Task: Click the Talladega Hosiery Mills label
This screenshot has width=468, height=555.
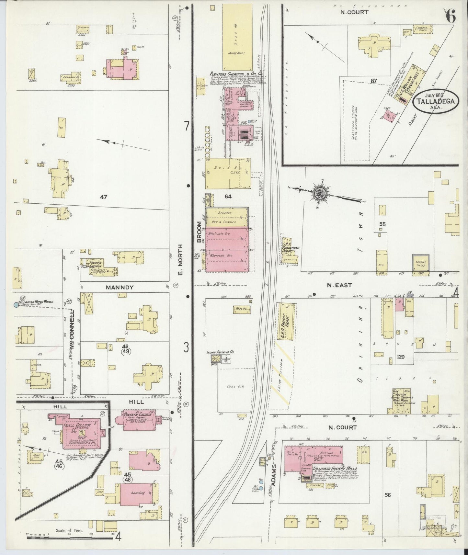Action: click(x=329, y=468)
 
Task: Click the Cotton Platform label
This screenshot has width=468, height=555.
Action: click(x=281, y=374)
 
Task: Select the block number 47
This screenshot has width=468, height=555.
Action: click(x=103, y=197)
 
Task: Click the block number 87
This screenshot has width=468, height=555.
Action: click(x=374, y=81)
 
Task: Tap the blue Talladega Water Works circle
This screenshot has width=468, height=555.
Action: click(x=16, y=304)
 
